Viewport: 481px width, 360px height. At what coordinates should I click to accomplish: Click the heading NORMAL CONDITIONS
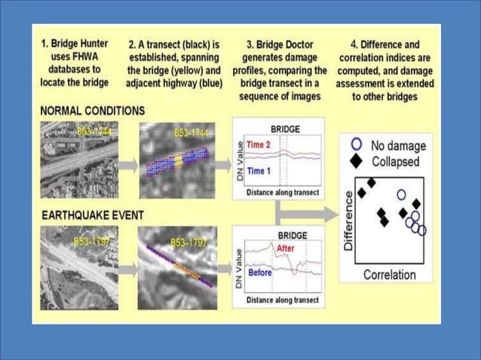[92, 110]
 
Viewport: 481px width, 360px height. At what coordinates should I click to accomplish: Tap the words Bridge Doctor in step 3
[282, 45]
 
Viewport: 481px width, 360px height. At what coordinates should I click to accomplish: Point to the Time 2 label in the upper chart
[259, 145]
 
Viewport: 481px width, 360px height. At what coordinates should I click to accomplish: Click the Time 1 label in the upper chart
[259, 172]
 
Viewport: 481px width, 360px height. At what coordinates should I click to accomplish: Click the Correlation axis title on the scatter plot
[389, 275]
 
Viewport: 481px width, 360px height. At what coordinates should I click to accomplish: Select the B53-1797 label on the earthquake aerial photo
[93, 243]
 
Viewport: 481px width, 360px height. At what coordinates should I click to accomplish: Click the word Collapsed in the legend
[396, 162]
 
